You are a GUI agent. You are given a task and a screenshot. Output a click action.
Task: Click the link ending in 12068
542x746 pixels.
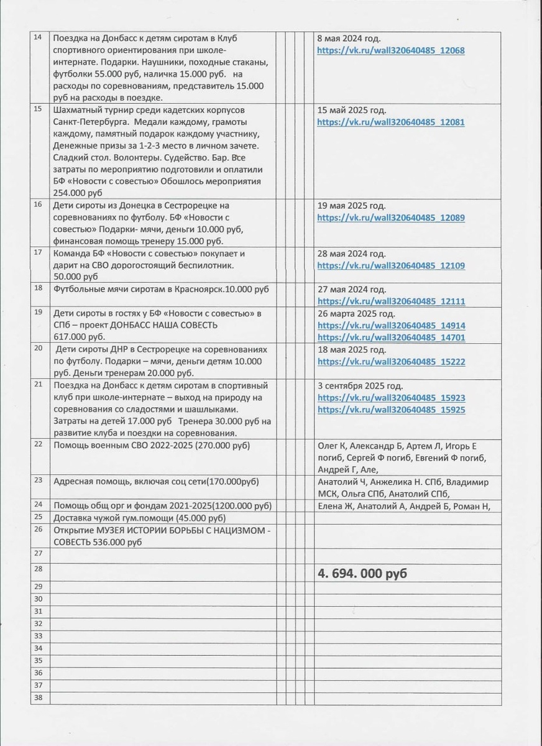point(390,50)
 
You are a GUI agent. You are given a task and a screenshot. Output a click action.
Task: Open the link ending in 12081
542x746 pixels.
point(390,122)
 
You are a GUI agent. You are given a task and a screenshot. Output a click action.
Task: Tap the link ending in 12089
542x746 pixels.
point(390,218)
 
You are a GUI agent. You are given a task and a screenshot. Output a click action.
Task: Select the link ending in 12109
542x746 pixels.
point(390,265)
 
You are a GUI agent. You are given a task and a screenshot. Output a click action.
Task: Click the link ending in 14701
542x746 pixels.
point(391,338)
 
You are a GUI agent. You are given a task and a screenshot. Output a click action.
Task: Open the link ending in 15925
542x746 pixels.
point(391,410)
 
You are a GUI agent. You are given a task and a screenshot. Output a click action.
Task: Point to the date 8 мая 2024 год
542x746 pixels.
point(354,39)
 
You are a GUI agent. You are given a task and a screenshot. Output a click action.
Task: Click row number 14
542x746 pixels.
point(37,37)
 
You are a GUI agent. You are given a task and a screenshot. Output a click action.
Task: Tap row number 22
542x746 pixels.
point(39,444)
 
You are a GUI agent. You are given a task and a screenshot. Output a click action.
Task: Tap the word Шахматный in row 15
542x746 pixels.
point(77,110)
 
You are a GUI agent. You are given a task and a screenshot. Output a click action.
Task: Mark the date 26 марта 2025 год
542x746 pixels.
point(356,313)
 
